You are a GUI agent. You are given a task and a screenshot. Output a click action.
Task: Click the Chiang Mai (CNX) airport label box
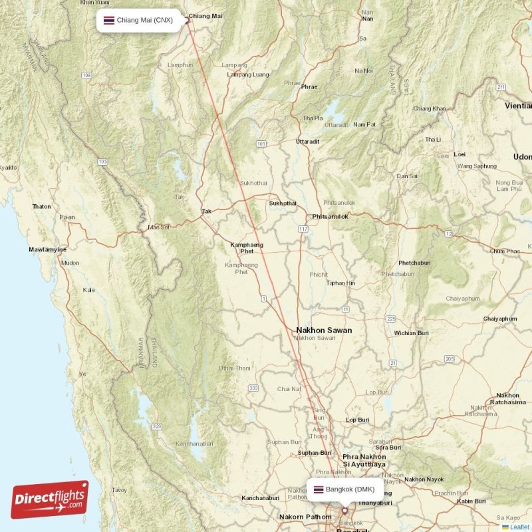point(137,20)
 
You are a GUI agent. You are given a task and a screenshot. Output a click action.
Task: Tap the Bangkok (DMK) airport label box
point(345,489)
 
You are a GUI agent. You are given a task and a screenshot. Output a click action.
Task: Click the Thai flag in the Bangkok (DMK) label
point(319,489)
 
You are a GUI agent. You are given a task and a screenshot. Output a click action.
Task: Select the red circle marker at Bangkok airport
point(344,511)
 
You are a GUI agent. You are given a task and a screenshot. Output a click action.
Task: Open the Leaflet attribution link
point(519,527)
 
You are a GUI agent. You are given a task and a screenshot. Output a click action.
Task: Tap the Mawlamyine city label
point(47,249)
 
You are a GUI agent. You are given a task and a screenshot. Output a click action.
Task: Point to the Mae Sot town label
point(159,227)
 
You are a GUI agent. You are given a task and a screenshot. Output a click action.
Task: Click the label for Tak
point(207,211)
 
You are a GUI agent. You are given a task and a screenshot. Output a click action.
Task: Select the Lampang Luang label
point(248,74)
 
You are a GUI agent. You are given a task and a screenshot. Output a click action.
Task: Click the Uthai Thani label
point(235,368)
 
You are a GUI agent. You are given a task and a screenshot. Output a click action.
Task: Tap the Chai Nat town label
point(289,388)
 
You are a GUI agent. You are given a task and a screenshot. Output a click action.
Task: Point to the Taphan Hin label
point(340,283)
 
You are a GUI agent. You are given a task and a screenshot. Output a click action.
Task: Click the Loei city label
point(460,154)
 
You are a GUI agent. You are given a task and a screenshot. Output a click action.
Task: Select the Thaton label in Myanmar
point(41,206)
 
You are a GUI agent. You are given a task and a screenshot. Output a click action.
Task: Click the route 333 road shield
point(253,388)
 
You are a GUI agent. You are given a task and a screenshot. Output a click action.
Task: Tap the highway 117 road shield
point(303,229)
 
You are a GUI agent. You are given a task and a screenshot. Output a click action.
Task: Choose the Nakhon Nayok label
point(424,479)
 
